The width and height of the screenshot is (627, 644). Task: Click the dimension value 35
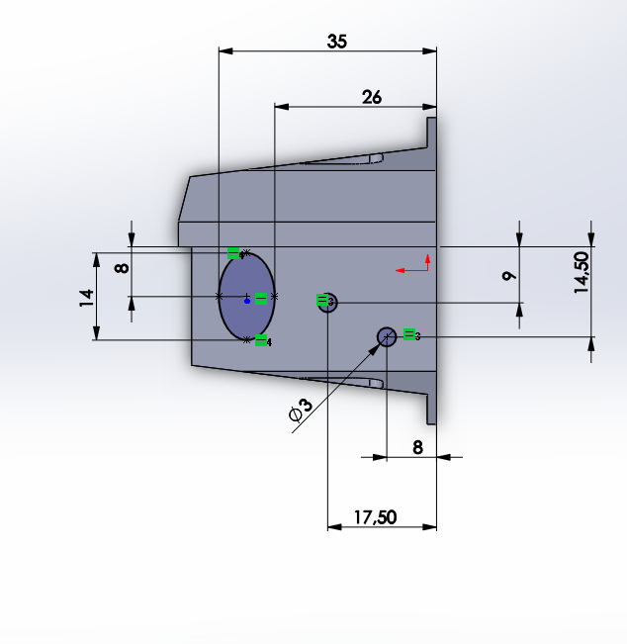(x=336, y=42)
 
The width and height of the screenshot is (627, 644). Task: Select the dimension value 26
(x=372, y=97)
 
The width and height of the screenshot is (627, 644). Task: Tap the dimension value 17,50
(x=375, y=517)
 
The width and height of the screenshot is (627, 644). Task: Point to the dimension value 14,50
(x=582, y=272)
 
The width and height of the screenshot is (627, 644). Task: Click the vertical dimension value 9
(x=509, y=276)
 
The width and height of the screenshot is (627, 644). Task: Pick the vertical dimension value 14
(x=87, y=298)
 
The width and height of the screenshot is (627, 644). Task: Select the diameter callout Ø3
(x=301, y=411)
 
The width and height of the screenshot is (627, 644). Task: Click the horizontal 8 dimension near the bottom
(x=417, y=447)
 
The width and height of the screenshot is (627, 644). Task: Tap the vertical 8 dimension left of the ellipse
(x=122, y=269)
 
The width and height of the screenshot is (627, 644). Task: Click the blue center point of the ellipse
(x=247, y=301)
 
